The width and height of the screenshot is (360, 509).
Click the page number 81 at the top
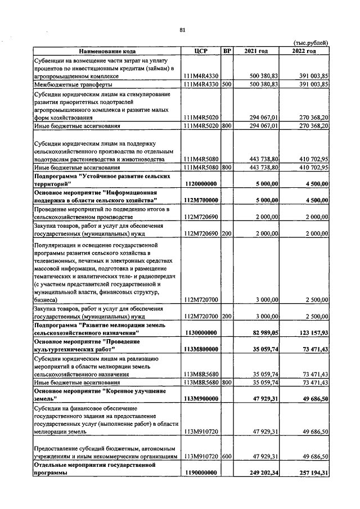coord(182,30)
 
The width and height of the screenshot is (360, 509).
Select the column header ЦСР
coord(201,51)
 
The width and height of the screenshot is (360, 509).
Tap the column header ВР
coord(227,51)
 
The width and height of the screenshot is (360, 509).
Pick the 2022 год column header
coord(304,51)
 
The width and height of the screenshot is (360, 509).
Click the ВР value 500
coord(227,84)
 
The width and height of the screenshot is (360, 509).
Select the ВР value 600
coord(227,457)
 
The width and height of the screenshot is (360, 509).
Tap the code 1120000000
coord(201,184)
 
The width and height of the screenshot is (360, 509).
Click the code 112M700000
coord(201,200)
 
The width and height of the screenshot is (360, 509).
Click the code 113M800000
coord(201,349)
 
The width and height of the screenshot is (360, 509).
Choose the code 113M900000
coord(201,399)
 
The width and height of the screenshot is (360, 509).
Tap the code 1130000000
coord(201,333)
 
